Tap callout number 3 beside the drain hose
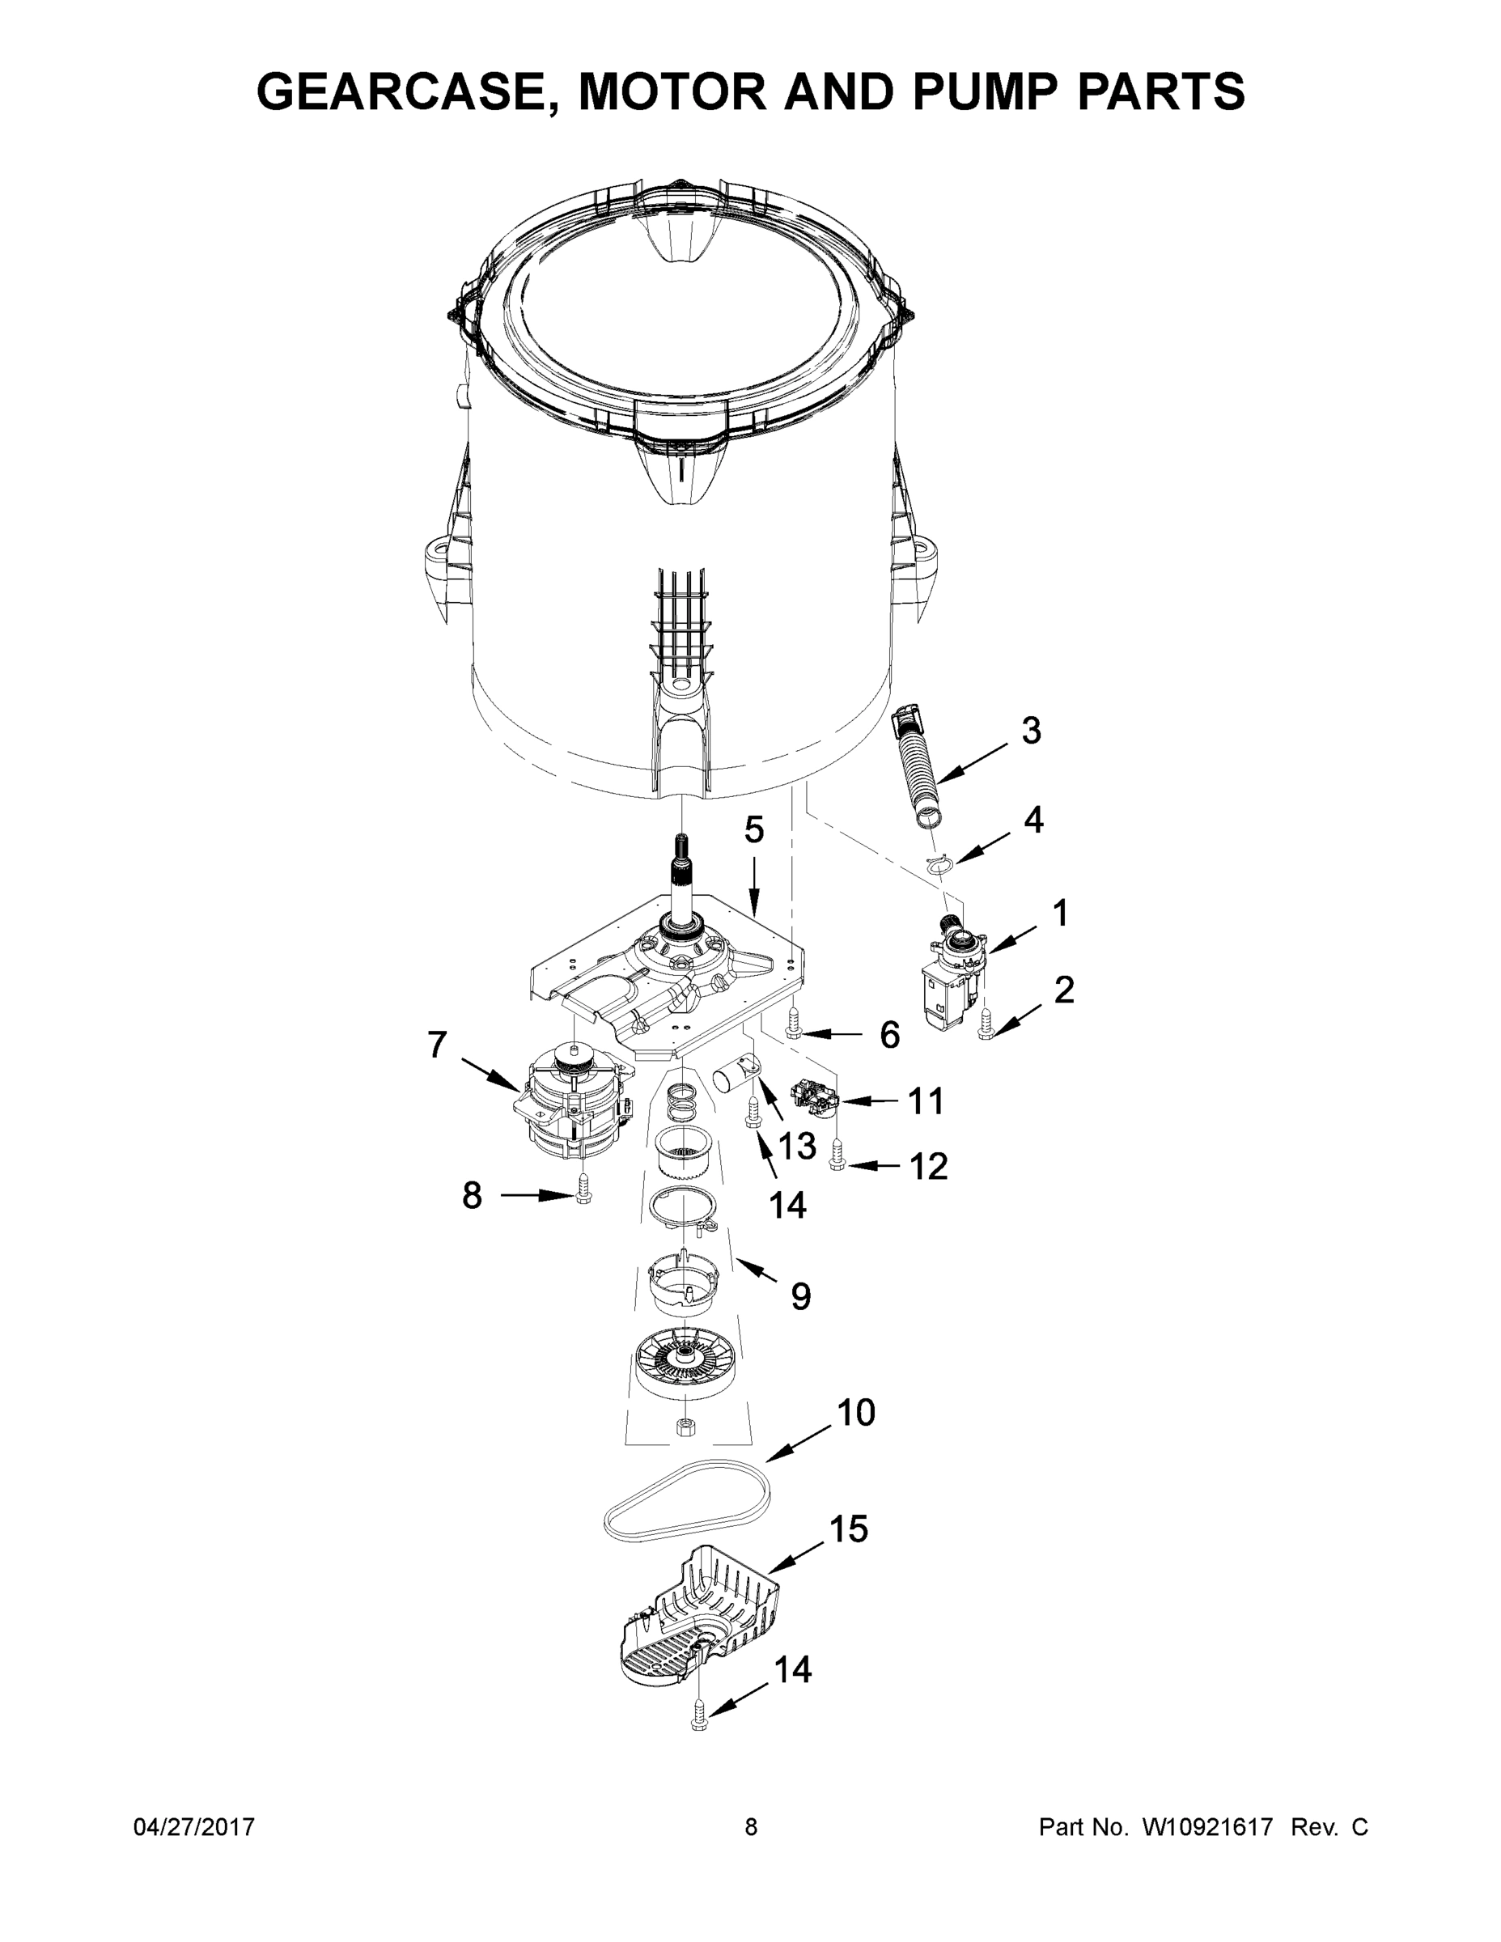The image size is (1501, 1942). [1030, 731]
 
